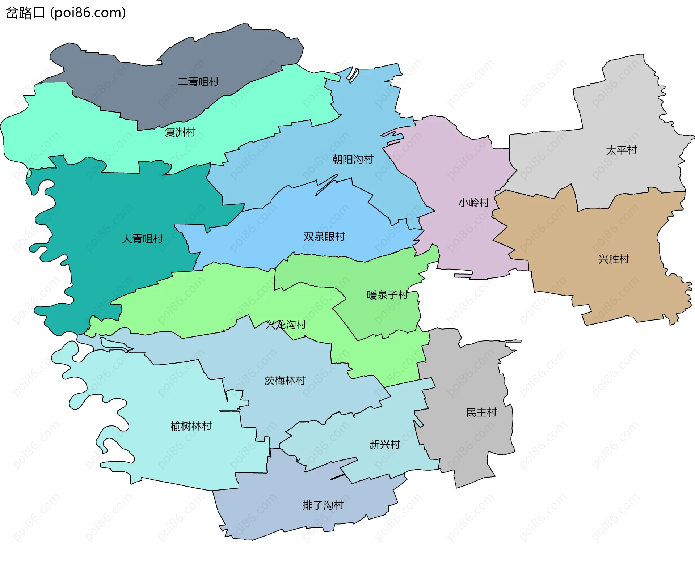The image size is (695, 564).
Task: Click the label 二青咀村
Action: (198, 82)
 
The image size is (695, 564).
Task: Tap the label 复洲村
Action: (180, 132)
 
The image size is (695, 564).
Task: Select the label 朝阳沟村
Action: (353, 160)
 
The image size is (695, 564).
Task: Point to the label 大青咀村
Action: (142, 239)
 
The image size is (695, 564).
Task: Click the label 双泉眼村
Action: (324, 237)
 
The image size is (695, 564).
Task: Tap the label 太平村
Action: (621, 150)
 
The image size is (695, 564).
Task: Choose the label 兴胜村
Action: (614, 259)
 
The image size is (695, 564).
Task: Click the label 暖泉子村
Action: (387, 295)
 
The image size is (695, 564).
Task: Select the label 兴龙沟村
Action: (286, 325)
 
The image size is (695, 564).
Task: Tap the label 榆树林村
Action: (191, 426)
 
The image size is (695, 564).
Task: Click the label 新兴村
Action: (384, 445)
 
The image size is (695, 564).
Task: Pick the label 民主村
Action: (481, 413)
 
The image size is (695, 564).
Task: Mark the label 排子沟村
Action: (323, 505)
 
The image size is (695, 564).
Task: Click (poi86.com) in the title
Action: (88, 13)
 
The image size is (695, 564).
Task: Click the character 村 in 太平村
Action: (632, 150)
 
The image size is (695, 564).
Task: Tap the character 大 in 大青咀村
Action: (127, 239)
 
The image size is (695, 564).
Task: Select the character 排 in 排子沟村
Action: (307, 505)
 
